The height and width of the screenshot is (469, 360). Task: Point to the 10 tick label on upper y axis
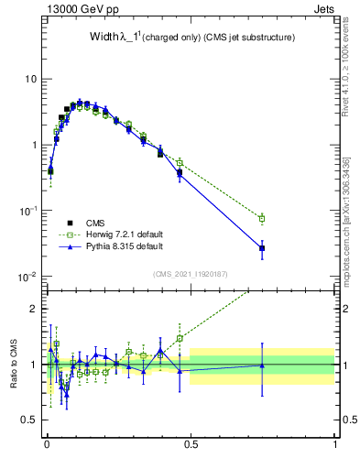[31, 79]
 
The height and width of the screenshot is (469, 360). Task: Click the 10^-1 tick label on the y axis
[28, 210]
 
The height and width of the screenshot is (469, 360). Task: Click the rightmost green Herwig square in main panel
[262, 218]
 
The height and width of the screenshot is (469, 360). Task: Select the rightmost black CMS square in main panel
[262, 248]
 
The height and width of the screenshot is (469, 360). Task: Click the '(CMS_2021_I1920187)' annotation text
[191, 272]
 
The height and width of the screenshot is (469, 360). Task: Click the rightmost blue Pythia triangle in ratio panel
[262, 365]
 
